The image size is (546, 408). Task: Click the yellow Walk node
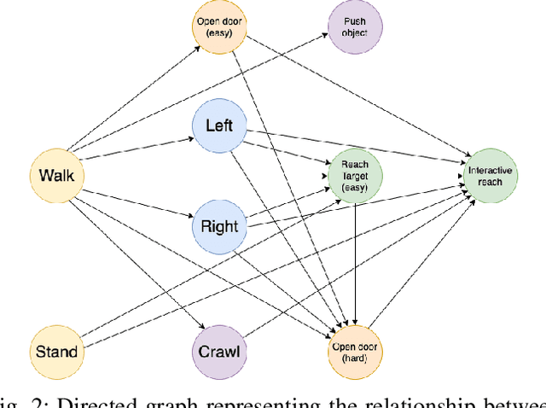(x=56, y=177)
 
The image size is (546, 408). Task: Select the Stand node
(x=56, y=351)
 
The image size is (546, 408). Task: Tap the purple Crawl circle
(x=219, y=351)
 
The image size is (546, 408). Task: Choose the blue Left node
(x=219, y=128)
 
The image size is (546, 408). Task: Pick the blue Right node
(x=219, y=227)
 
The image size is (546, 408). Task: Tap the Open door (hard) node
(x=356, y=351)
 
